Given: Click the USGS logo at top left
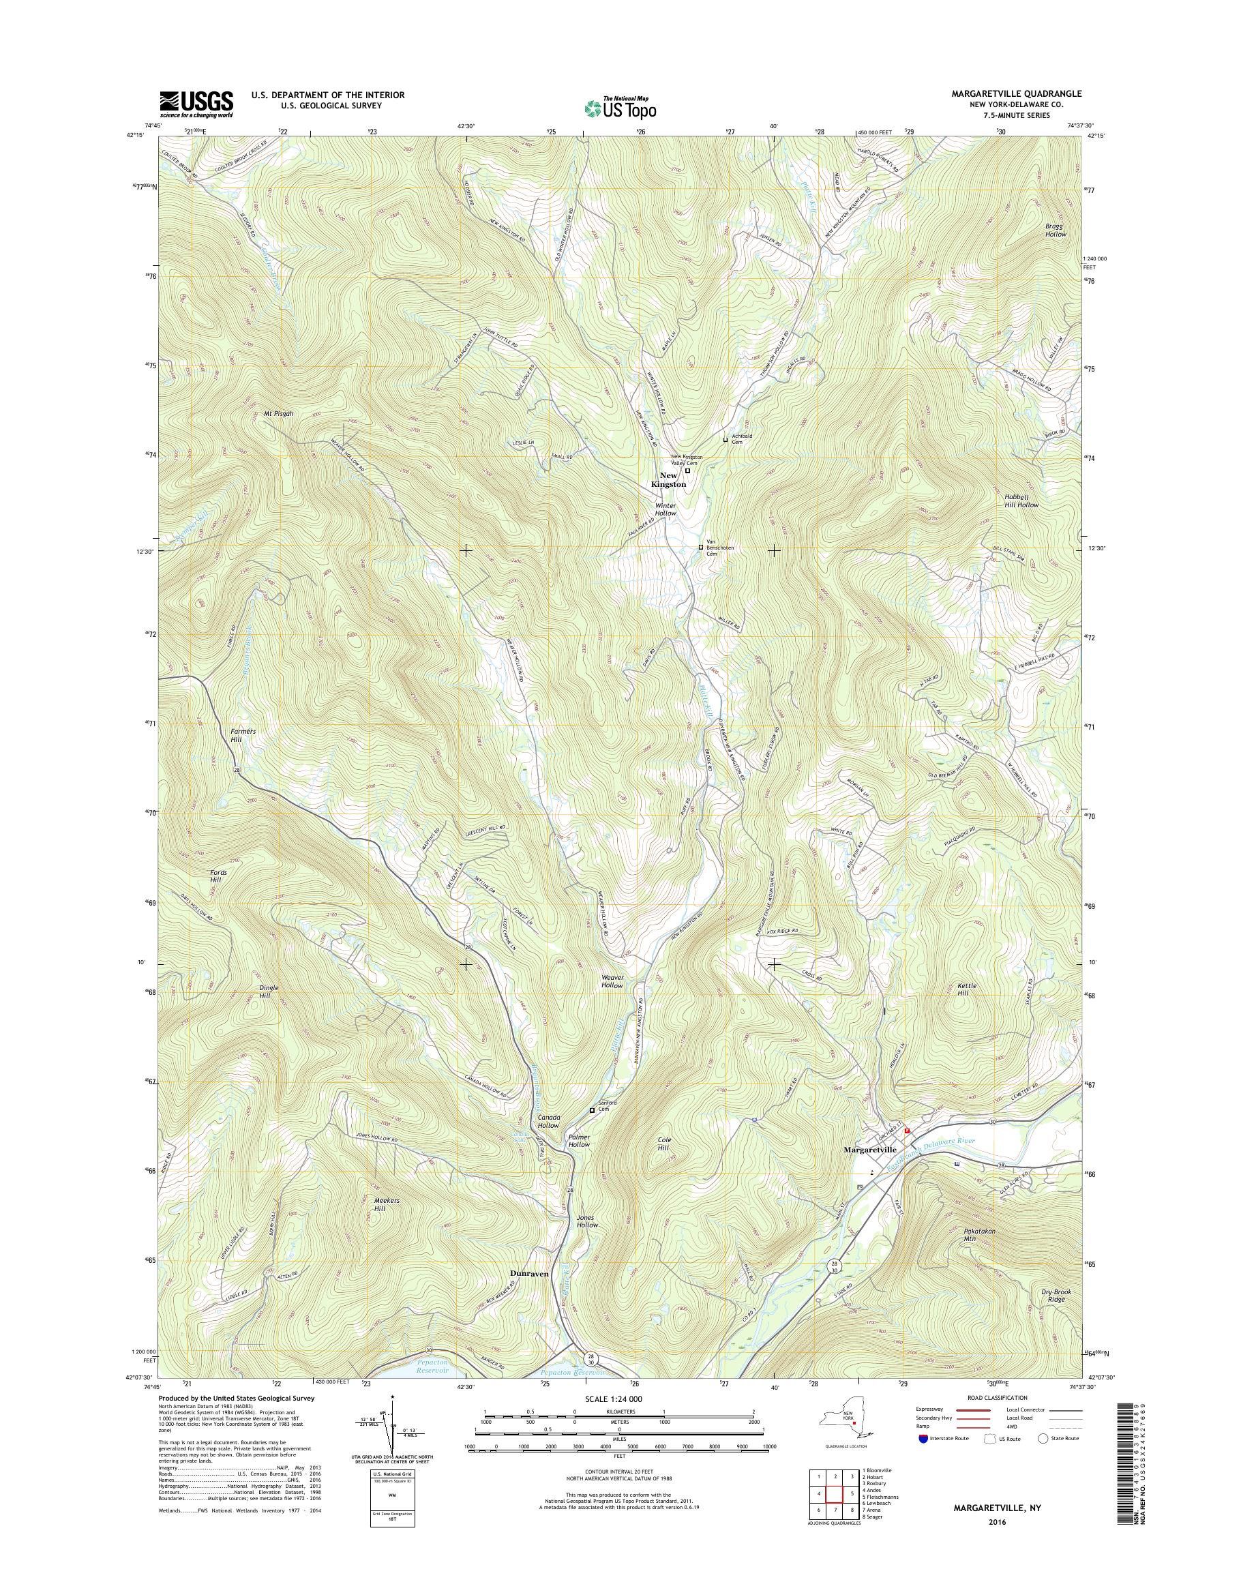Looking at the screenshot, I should click(x=196, y=104).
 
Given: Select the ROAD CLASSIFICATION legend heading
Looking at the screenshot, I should click(x=998, y=1397).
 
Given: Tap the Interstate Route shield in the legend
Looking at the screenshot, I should click(x=923, y=1438).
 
